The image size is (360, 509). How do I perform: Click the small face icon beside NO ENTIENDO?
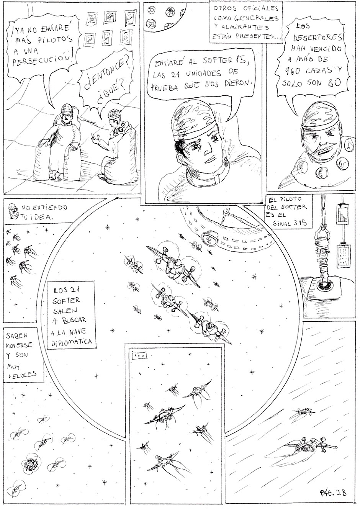point(13,210)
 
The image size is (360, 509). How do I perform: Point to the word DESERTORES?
point(317,37)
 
